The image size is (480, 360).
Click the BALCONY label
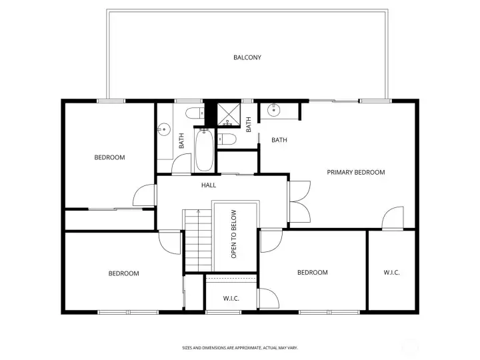247,57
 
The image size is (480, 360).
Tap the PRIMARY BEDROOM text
355,172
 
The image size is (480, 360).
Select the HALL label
208,185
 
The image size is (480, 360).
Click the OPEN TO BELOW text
234,234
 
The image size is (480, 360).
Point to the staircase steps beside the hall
197,241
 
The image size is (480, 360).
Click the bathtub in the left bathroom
204,151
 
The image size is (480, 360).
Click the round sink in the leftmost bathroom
163,130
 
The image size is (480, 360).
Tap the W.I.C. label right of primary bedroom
391,273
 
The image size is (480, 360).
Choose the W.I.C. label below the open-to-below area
231,298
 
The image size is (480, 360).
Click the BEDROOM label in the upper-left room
109,157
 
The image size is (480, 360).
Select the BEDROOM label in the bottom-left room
124,273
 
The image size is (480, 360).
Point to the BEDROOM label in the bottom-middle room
312,272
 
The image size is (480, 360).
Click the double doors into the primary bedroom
297,202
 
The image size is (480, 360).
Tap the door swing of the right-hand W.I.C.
393,218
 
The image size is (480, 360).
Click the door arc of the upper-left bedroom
143,195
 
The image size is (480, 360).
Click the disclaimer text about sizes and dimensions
239,347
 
